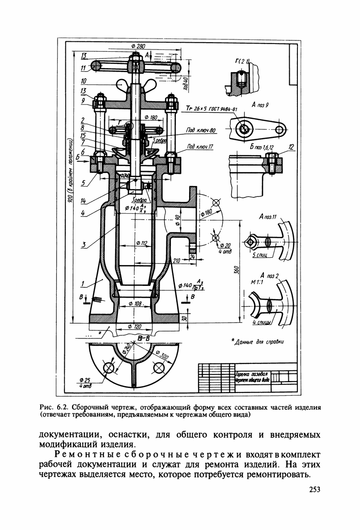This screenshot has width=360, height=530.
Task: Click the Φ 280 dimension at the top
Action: click(137, 47)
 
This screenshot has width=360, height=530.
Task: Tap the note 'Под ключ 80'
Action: click(201, 131)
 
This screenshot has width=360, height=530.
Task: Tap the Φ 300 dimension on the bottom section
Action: click(162, 355)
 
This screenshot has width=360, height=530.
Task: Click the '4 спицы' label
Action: click(262, 322)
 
